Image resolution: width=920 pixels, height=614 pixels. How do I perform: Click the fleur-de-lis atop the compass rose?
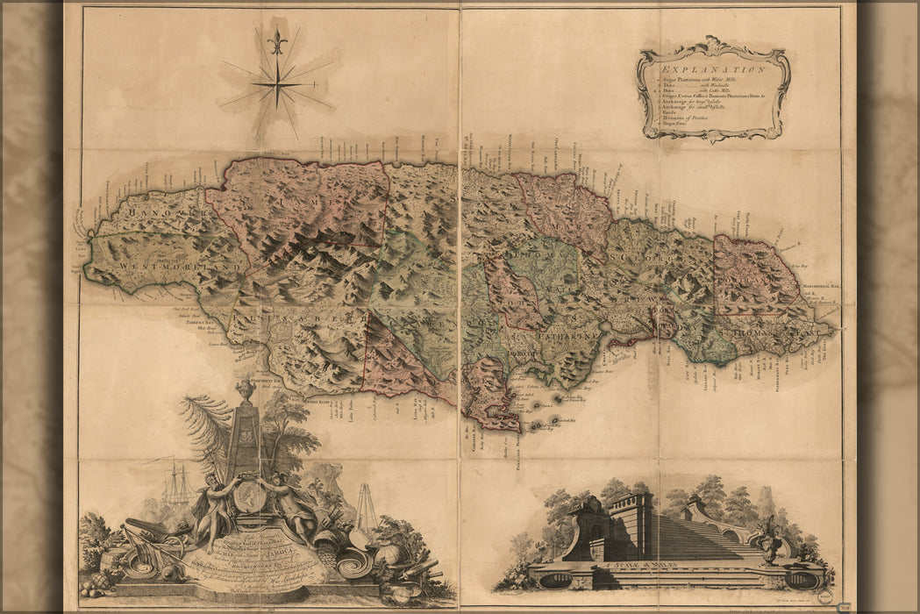point(277,40)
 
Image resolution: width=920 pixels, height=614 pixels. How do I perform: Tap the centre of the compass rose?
point(276,84)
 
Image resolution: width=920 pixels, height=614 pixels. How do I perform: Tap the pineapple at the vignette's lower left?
point(99,580)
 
